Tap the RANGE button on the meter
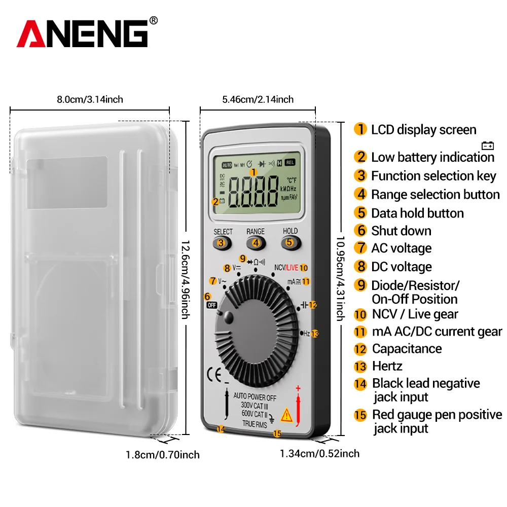point(256,242)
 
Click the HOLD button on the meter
point(289,242)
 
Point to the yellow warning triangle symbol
point(286,415)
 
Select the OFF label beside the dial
point(211,305)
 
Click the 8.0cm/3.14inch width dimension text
point(90,99)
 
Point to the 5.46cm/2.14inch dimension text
point(258,99)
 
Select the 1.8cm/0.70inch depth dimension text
point(162,455)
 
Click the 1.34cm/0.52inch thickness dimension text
point(319,453)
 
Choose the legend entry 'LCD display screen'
point(423,130)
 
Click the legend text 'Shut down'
point(401,231)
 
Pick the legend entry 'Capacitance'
point(406,349)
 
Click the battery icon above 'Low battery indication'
point(488,146)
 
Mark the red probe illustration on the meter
point(298,406)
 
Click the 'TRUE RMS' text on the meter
point(255,423)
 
